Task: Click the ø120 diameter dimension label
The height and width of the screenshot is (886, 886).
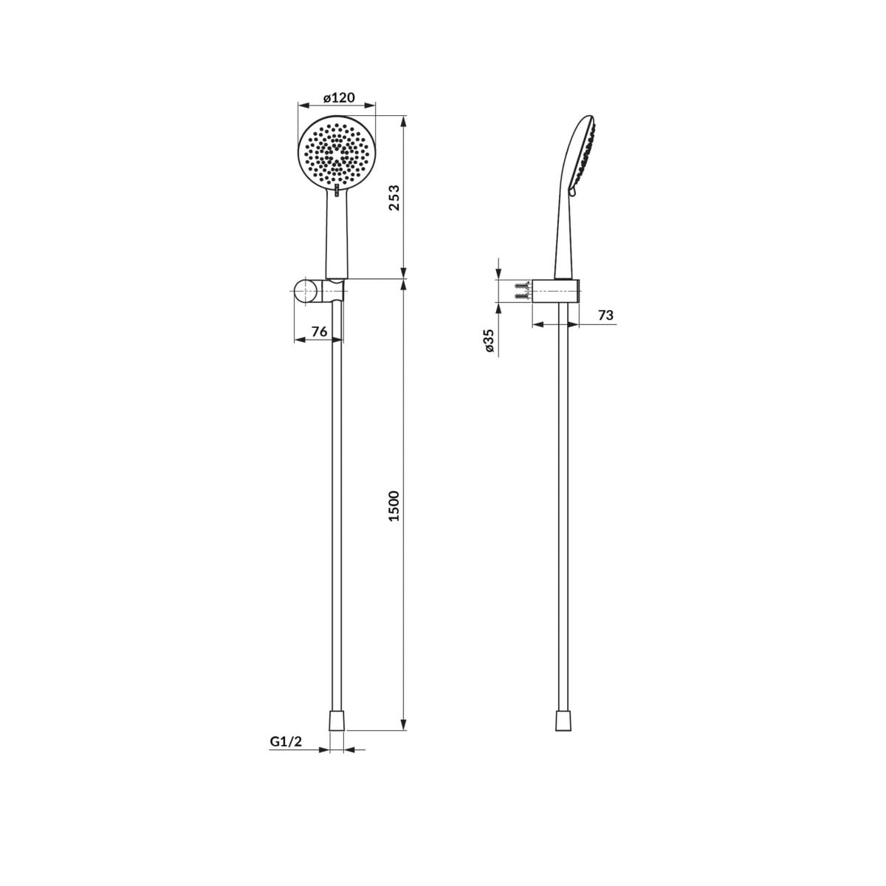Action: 339,98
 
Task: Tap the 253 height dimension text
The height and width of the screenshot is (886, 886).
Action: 394,198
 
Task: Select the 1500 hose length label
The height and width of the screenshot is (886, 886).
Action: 394,506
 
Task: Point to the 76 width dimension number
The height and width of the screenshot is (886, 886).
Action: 319,331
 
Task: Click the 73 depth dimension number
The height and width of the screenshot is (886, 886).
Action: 605,315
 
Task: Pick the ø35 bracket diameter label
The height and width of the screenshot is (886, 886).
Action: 489,340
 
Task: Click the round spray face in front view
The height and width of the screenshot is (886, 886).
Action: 337,153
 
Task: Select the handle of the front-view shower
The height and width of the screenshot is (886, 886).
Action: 337,235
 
